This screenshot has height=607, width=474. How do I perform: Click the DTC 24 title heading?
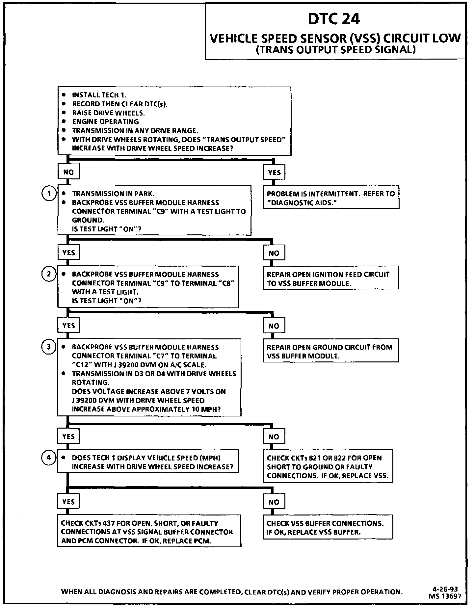[x=334, y=19]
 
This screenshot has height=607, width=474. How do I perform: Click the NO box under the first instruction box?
[x=68, y=172]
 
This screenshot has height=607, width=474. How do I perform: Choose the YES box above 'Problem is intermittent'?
[x=274, y=172]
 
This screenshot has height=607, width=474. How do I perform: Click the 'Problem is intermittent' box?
[x=331, y=198]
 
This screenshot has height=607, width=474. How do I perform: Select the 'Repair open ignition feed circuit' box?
[x=331, y=278]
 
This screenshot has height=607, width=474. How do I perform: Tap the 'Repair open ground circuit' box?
[x=331, y=351]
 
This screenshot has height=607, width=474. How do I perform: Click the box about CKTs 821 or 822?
[x=328, y=466]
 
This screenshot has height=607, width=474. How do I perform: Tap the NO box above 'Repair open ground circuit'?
[x=274, y=326]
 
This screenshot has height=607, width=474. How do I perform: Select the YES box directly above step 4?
[x=68, y=436]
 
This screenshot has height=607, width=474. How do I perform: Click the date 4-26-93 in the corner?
[x=445, y=589]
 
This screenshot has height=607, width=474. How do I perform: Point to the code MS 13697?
[x=445, y=596]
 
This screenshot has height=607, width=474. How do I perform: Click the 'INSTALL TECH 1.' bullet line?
[x=99, y=95]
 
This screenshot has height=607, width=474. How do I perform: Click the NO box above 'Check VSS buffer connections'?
[x=274, y=502]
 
